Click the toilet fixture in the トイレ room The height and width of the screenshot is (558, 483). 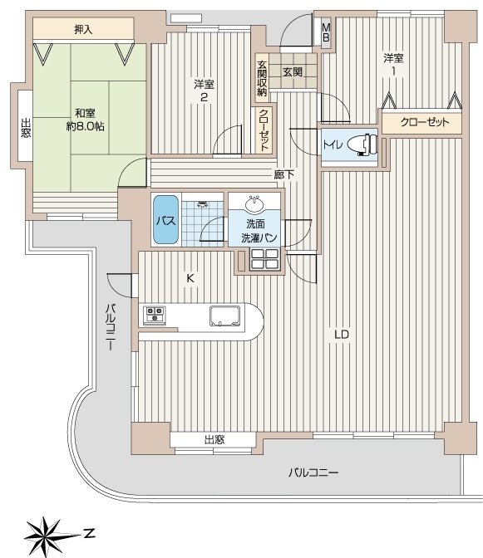click(x=362, y=144)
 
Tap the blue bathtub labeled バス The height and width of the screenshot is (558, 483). click(x=165, y=219)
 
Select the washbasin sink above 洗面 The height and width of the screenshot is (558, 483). click(x=254, y=203)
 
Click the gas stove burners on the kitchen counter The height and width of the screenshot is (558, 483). click(x=155, y=314)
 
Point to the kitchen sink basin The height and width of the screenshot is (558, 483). click(x=225, y=316)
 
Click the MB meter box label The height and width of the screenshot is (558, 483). click(x=326, y=32)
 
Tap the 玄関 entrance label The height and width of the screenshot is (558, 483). click(x=293, y=72)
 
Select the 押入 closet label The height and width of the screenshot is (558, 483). click(x=83, y=30)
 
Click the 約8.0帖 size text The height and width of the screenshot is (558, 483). click(x=85, y=126)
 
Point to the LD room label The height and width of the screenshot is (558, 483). click(x=341, y=335)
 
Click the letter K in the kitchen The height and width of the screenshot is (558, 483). click(x=190, y=278)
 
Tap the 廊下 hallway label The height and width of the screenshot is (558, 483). click(x=284, y=174)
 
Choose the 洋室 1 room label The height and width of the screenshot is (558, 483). click(x=393, y=65)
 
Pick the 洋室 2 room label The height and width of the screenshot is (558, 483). click(x=204, y=91)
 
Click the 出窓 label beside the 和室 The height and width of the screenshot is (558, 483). click(x=25, y=128)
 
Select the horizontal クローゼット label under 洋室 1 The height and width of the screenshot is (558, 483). click(x=425, y=122)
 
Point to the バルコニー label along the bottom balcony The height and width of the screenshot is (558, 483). click(x=313, y=473)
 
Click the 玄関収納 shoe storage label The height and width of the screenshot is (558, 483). click(x=262, y=78)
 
